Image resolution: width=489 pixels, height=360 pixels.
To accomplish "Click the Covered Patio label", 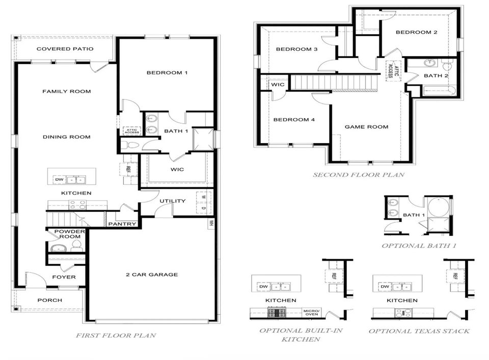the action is pos(65,48).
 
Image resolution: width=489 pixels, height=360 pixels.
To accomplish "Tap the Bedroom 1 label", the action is pos(167,73).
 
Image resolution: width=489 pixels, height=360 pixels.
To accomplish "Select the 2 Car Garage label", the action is pos(152,274).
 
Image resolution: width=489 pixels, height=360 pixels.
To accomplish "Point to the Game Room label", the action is pos(366,127).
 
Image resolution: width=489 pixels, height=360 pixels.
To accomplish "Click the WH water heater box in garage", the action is pos(211,223).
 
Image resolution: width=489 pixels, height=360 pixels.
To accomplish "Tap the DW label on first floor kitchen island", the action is pos(59,180).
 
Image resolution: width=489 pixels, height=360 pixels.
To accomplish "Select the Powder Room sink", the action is pos(58,248).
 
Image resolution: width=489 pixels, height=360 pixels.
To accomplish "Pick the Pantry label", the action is pos(122,224).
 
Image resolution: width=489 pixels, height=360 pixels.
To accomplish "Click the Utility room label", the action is pos(173,201).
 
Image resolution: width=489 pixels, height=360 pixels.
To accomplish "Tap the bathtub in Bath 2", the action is pos(439,91).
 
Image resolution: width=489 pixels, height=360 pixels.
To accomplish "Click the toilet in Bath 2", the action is pos(447,65).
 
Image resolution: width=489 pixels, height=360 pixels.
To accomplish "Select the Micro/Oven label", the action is pos(312,312).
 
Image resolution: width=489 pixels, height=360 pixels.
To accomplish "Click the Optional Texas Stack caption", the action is pos(419,331).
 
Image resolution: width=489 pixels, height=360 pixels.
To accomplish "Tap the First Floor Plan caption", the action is pos(116,336).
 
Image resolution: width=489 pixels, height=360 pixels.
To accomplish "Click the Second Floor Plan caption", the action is pos(359,175).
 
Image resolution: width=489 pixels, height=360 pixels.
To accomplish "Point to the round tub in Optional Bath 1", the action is pos(438,206).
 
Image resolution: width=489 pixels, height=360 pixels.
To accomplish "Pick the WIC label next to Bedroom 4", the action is pos(278,85).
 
